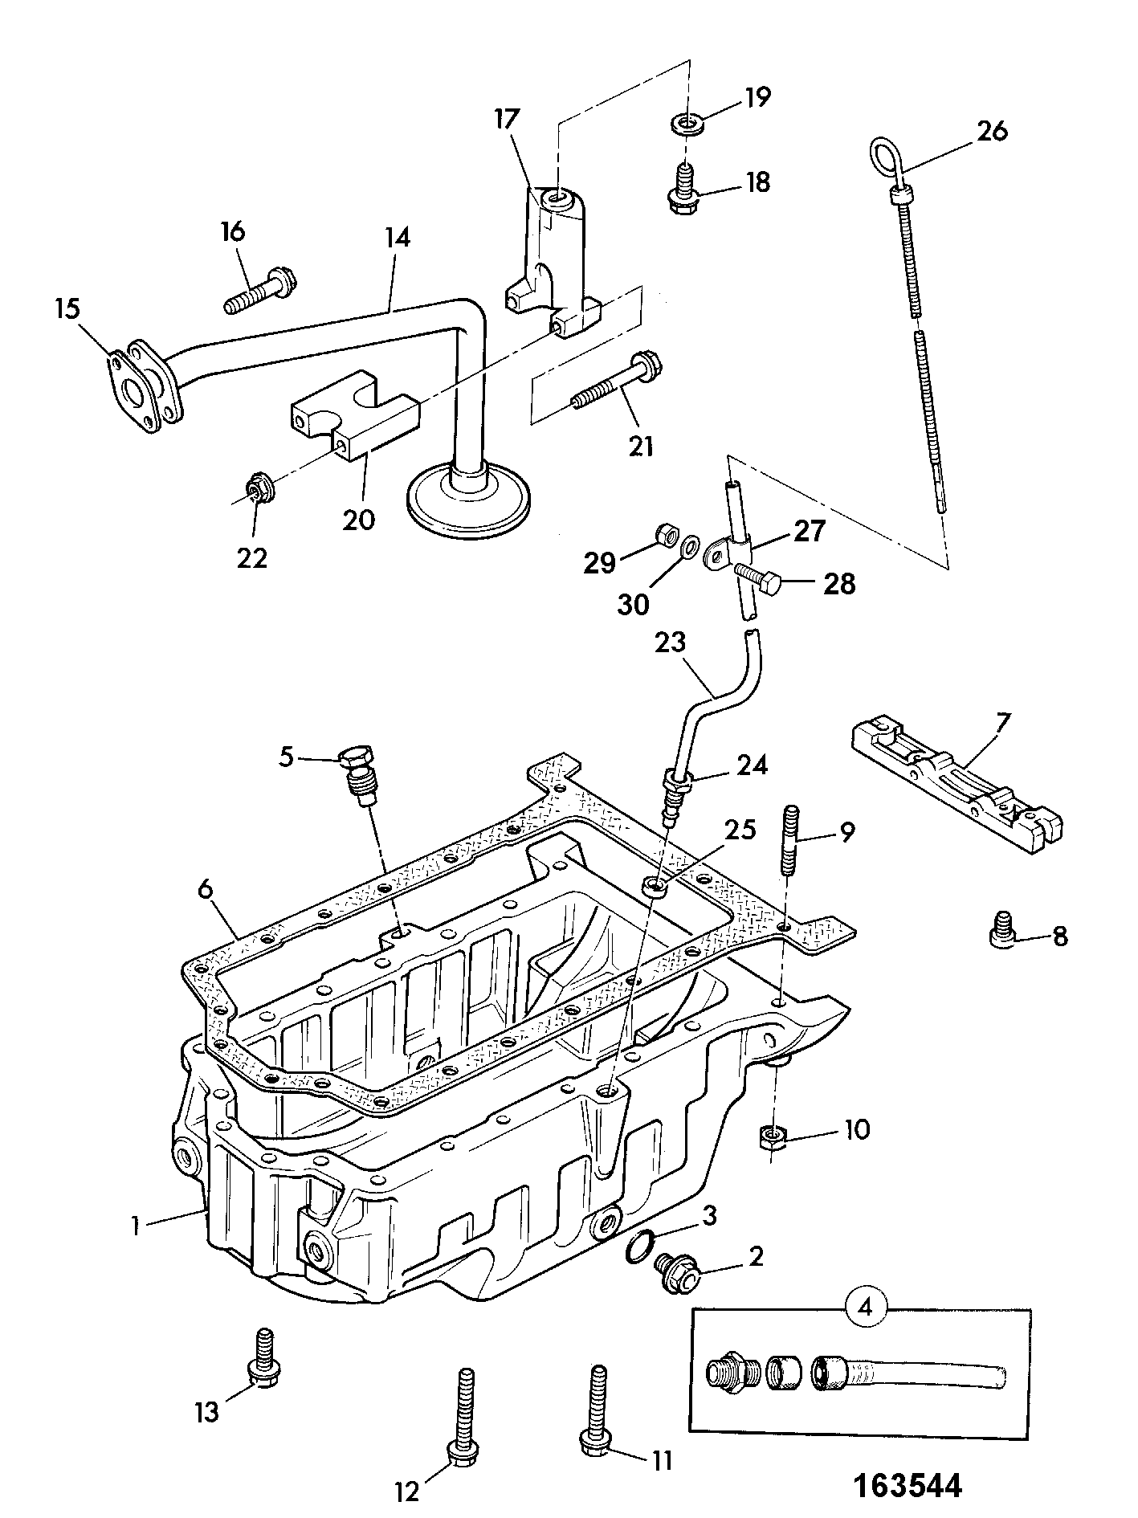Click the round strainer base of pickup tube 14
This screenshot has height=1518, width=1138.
point(469,500)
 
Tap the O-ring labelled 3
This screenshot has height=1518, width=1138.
point(639,1245)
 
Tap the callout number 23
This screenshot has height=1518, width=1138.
point(670,642)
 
